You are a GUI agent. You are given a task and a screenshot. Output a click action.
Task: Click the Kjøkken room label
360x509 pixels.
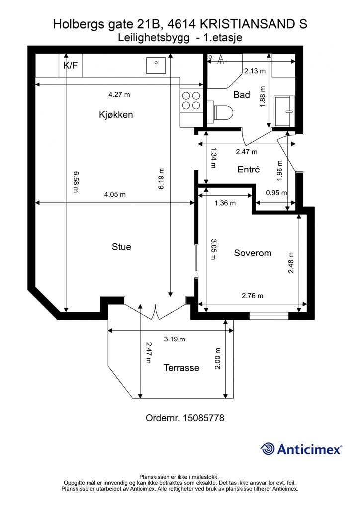point(116,115)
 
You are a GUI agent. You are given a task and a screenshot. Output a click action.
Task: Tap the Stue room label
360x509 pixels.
point(121,247)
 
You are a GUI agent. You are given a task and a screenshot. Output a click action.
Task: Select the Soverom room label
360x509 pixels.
point(253,253)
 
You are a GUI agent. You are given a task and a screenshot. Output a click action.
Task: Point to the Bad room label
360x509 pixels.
point(242,95)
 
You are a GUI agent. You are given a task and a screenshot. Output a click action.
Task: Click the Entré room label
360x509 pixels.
point(249,169)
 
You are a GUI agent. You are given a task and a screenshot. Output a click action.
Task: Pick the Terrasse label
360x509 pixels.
point(181,368)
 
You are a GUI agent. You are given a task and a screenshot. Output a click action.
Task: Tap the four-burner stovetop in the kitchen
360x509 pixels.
point(191,100)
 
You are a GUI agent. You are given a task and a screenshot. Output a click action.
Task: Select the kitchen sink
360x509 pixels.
point(156,65)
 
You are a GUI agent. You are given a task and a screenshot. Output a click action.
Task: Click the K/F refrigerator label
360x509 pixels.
point(71,65)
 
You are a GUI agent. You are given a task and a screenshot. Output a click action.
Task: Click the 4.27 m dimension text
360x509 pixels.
point(119,95)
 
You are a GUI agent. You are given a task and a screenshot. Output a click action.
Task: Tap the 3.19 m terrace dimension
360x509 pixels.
point(175,339)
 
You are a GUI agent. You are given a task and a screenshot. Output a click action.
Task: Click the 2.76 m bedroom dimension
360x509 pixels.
point(253,296)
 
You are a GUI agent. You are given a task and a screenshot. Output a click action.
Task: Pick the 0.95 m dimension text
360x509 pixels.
point(276,193)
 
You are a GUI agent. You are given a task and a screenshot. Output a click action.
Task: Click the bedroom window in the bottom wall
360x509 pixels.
point(269,315)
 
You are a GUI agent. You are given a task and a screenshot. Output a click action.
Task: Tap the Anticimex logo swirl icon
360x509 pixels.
point(268,449)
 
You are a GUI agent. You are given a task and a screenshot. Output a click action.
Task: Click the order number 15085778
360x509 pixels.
point(203,418)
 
